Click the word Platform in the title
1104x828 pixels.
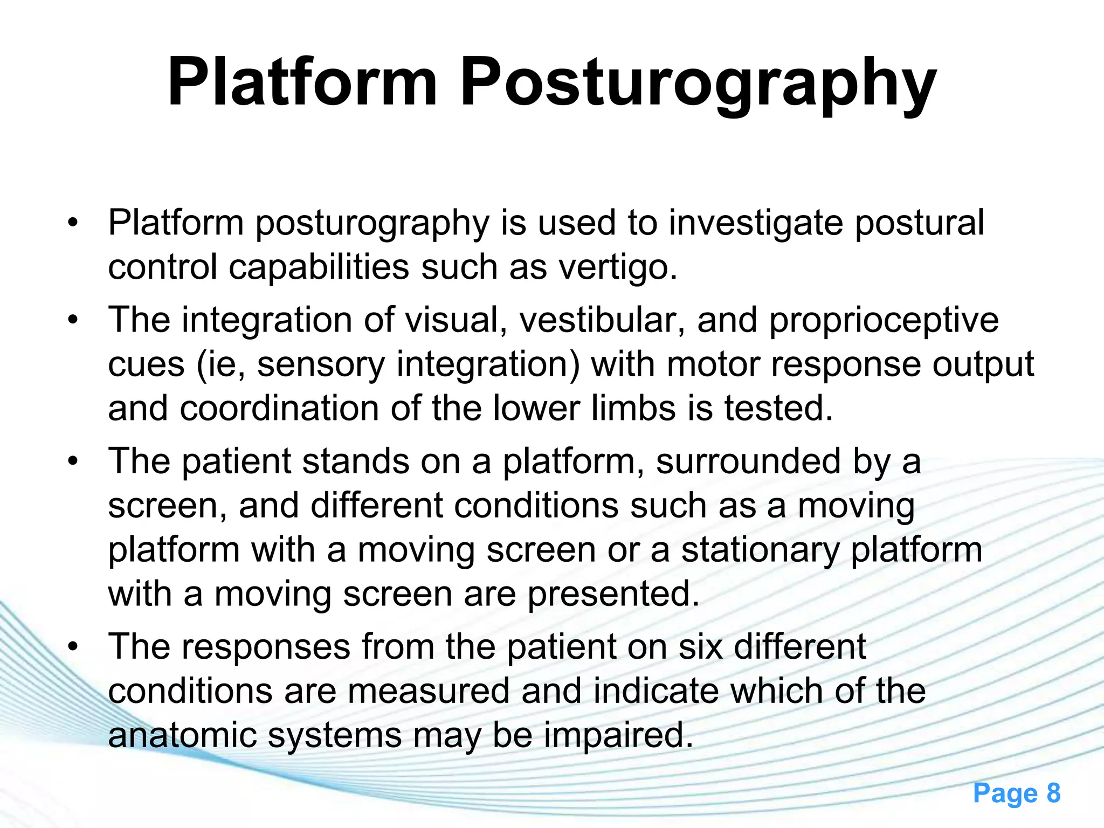click(302, 84)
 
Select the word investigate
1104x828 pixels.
click(756, 223)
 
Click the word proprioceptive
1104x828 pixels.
click(884, 321)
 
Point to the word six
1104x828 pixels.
click(700, 646)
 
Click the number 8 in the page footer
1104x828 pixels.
click(1053, 793)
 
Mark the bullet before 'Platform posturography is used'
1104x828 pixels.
click(73, 223)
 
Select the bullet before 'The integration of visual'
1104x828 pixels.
click(73, 320)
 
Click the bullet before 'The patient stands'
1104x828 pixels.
click(73, 462)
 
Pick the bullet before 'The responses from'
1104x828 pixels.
click(73, 646)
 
